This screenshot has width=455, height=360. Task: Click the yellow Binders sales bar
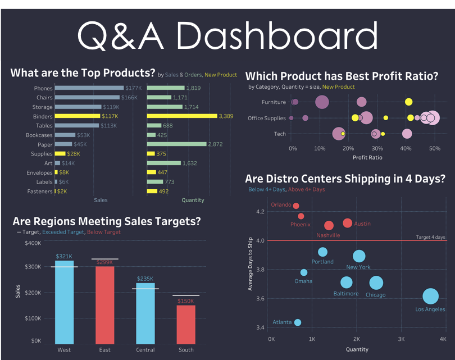(78, 116)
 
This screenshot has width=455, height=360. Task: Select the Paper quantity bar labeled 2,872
(177, 144)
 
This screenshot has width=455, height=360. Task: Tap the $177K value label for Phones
(134, 88)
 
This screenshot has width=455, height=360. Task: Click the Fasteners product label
(40, 192)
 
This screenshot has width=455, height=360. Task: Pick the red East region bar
(104, 305)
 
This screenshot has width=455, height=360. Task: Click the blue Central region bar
(145, 313)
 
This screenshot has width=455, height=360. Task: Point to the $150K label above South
(186, 301)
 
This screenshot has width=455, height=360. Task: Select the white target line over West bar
(64, 267)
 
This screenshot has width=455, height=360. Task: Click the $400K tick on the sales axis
(33, 243)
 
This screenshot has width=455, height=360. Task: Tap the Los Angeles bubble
(431, 296)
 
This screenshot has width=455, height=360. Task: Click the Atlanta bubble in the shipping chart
(297, 322)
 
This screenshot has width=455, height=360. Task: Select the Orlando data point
(296, 206)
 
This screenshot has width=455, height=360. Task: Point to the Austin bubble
(347, 223)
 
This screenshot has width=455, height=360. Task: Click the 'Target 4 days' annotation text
(431, 238)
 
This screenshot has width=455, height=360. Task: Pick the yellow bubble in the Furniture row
(408, 102)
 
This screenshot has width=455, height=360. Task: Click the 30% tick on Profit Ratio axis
(377, 148)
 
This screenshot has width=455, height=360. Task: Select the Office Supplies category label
(267, 118)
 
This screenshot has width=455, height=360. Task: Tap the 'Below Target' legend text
(103, 232)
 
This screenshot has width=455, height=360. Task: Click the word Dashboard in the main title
(277, 36)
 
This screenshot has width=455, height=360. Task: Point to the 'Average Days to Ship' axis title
(250, 264)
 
